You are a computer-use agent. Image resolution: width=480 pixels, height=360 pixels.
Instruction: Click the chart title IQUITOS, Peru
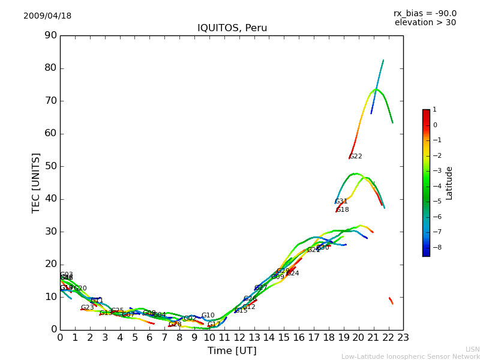pyautogui.click(x=232, y=28)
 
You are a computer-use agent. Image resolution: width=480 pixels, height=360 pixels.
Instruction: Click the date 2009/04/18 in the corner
pyautogui.click(x=47, y=16)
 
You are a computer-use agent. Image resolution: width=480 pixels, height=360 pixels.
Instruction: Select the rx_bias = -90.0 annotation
pyautogui.click(x=425, y=14)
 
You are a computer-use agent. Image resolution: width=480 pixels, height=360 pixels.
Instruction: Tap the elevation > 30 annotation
pyautogui.click(x=425, y=23)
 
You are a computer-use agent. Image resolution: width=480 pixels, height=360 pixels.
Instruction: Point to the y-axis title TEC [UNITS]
pyautogui.click(x=36, y=182)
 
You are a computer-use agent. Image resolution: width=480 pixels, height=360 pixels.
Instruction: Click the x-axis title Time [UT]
pyautogui.click(x=232, y=350)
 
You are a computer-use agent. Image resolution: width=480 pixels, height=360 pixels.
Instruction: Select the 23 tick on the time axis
pyautogui.click(x=403, y=337)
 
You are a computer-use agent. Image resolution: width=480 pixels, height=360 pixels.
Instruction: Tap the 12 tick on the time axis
pyautogui.click(x=239, y=337)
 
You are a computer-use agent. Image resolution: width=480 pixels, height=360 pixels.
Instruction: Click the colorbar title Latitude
pyautogui.click(x=449, y=183)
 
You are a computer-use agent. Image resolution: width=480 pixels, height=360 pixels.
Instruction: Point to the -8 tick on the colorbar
pyautogui.click(x=435, y=247)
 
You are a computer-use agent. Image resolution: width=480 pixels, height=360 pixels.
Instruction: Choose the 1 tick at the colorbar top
pyautogui.click(x=434, y=110)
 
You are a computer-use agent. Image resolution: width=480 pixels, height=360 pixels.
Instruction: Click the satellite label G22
pyautogui.click(x=356, y=157)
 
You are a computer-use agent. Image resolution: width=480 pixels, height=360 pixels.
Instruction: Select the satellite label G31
pyautogui.click(x=341, y=202)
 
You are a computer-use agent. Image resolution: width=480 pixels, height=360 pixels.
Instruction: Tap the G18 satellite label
pyautogui.click(x=343, y=210)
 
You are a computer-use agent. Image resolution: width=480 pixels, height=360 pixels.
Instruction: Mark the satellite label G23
pyautogui.click(x=88, y=308)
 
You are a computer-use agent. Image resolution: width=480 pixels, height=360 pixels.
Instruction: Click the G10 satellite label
pyautogui.click(x=208, y=316)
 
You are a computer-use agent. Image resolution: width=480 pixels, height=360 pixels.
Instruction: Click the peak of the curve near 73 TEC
pyautogui.click(x=376, y=89)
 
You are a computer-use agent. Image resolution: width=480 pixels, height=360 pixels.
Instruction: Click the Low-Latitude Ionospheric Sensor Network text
pyautogui.click(x=410, y=356)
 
